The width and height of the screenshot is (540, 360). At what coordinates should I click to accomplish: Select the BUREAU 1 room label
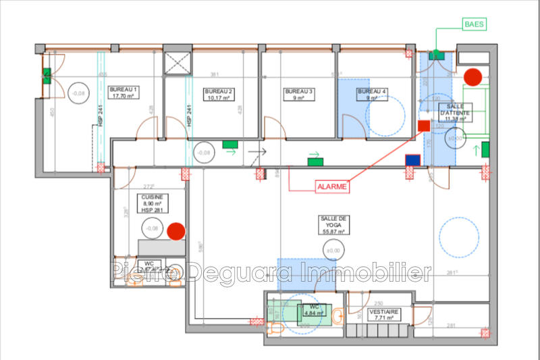123,93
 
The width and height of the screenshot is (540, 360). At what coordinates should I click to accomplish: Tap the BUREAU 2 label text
219,94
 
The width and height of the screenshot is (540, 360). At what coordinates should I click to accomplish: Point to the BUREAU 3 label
298,94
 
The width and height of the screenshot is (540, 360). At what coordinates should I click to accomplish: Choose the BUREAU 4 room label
373,94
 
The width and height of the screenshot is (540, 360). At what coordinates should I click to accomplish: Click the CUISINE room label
151,203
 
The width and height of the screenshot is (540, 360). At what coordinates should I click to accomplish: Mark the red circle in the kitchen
176,231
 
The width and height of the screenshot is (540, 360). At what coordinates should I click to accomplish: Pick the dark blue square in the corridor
412,160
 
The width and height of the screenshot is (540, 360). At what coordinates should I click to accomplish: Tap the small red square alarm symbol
424,126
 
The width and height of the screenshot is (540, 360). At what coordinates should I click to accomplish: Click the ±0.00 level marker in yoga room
333,251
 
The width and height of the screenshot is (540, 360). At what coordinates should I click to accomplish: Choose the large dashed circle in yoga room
460,237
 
